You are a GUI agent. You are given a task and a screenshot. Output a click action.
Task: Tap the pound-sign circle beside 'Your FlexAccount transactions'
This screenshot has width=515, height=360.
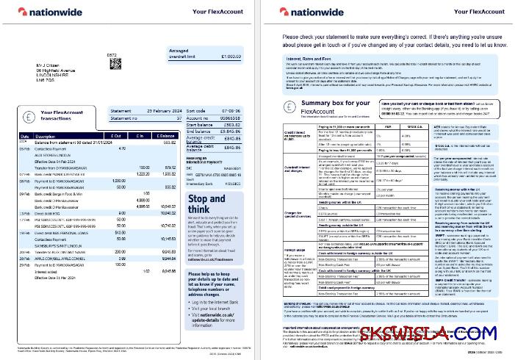[x=29, y=115]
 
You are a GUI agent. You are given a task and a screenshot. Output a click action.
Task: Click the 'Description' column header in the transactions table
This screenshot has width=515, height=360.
[x=46, y=136]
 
